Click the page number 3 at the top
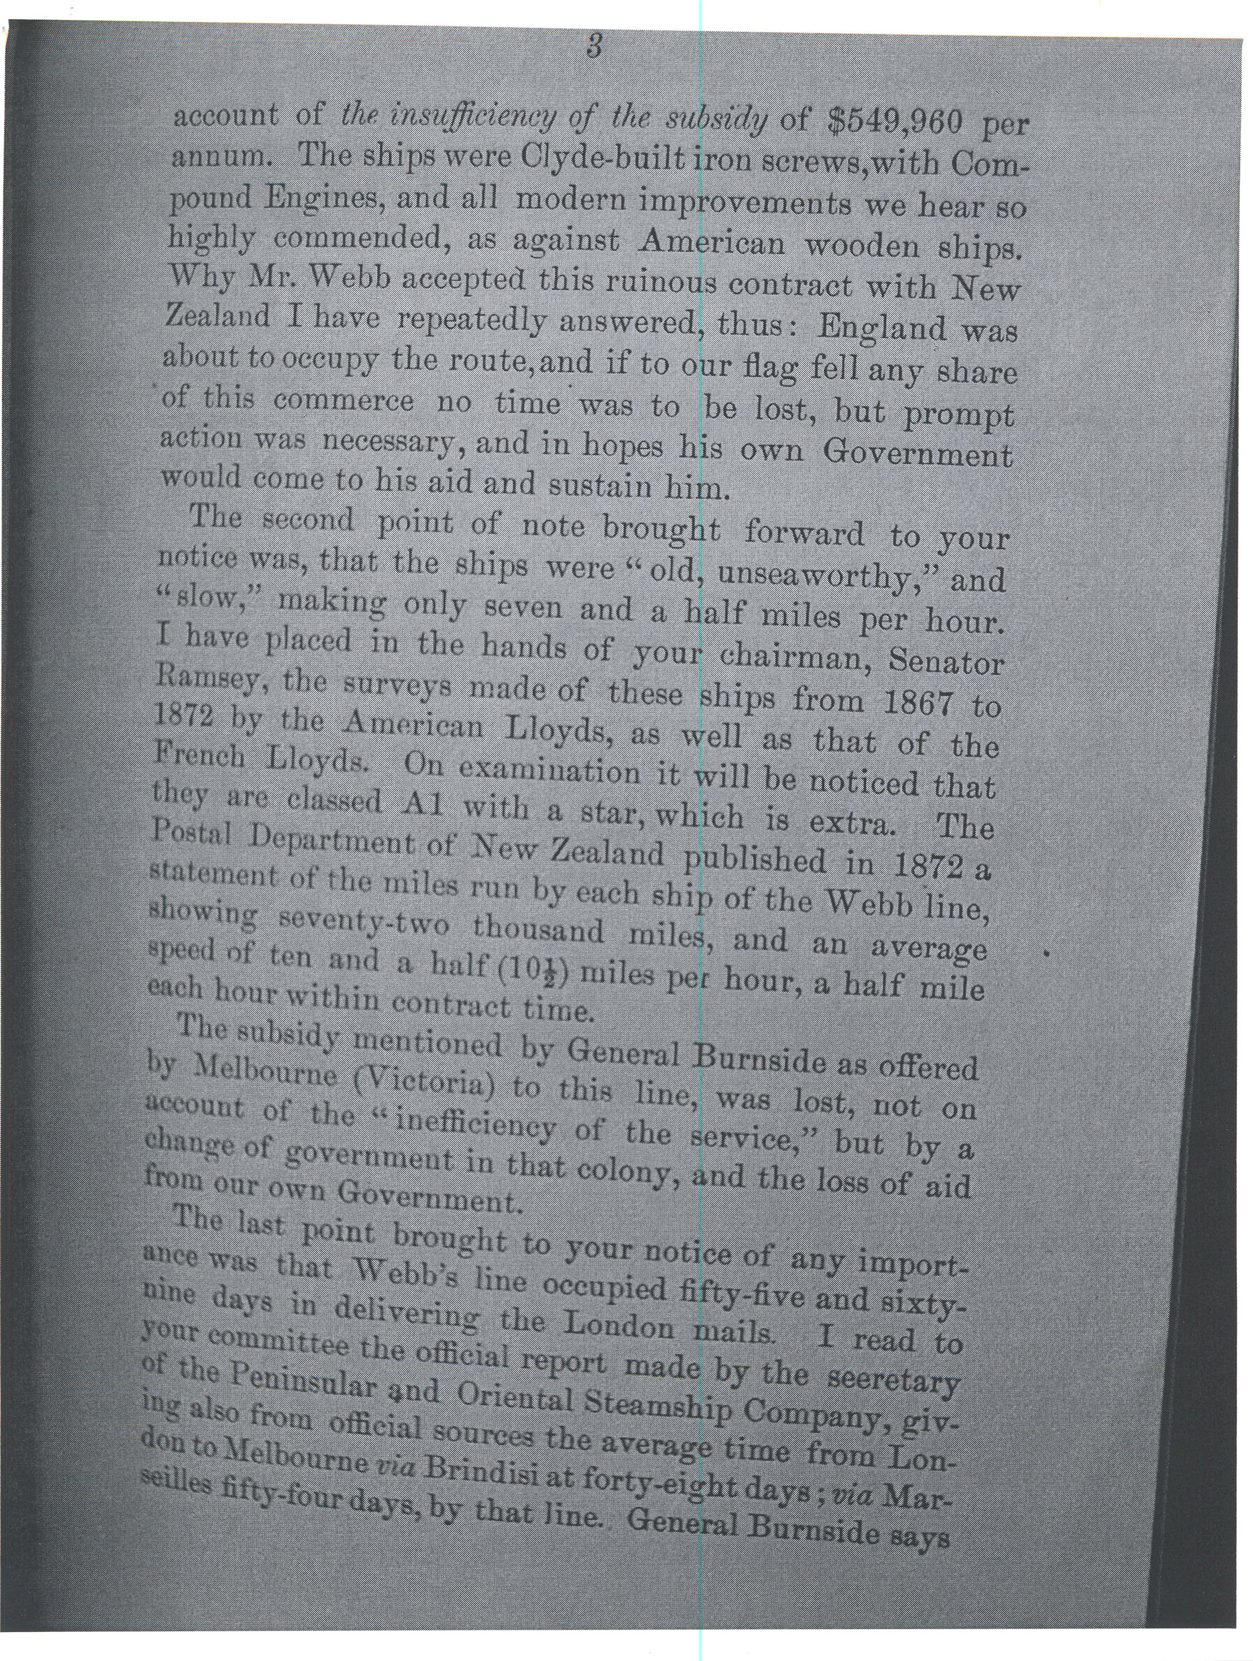point(592,47)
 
